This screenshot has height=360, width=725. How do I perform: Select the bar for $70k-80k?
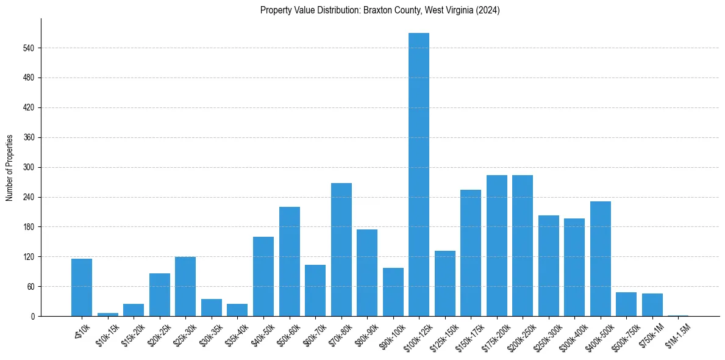click(x=341, y=250)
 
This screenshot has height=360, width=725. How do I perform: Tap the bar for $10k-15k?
click(x=108, y=314)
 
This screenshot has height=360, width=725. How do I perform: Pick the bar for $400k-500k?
click(x=601, y=259)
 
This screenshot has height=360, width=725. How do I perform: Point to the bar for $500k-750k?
click(x=626, y=304)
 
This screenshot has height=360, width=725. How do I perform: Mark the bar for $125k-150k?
click(x=445, y=283)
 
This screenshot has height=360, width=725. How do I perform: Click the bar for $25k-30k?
click(x=185, y=286)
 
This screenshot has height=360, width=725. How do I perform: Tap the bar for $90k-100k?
click(x=393, y=292)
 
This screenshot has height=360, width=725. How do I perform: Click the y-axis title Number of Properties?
click(x=10, y=167)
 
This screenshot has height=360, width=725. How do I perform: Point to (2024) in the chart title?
click(x=487, y=10)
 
